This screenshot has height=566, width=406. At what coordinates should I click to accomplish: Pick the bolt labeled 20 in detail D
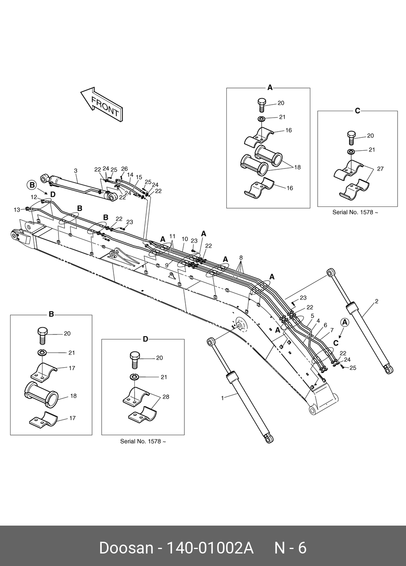tap(135, 359)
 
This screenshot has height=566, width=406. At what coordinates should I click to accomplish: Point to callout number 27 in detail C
tap(380, 169)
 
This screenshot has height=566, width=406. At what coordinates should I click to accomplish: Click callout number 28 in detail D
tap(166, 397)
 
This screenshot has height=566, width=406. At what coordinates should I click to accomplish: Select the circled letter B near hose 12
tap(32, 185)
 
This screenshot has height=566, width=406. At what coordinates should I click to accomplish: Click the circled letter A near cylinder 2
tap(345, 322)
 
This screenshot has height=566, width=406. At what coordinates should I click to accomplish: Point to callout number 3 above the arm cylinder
tap(76, 170)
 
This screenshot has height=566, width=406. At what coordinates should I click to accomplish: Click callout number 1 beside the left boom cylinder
tap(222, 398)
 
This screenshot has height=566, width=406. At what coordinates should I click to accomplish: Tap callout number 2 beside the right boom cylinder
tap(376, 301)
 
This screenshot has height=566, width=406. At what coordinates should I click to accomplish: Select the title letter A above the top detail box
tap(270, 87)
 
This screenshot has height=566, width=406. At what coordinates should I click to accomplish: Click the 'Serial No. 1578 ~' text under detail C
tap(355, 212)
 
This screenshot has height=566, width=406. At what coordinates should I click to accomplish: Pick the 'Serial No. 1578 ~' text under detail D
tap(143, 441)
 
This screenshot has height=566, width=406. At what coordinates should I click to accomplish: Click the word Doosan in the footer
tap(126, 548)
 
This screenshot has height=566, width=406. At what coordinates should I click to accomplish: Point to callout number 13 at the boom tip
tap(17, 209)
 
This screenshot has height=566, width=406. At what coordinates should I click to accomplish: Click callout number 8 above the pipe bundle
tap(241, 257)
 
